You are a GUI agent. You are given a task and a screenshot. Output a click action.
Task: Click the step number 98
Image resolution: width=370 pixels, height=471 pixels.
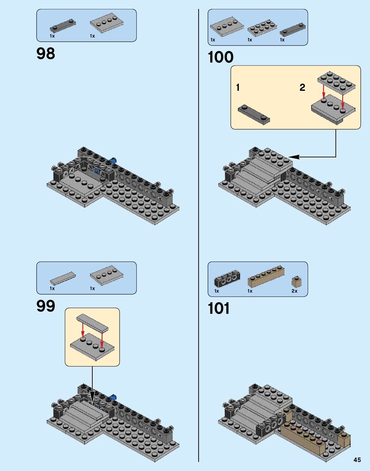coord(46,54)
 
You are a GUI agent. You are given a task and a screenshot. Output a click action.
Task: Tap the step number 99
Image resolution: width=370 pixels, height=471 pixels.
coord(46,306)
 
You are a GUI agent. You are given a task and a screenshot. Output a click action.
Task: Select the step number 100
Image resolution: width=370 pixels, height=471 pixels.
coord(221,57)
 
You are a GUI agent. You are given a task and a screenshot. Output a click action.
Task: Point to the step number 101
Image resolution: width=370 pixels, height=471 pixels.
coord(219,309)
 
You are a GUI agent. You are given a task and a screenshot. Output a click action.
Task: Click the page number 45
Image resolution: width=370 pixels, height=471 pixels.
coord(357,460)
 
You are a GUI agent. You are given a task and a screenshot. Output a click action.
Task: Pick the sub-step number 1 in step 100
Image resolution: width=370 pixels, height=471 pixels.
coord(238,87)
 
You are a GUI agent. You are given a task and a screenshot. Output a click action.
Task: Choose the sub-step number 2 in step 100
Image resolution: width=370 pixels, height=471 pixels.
coord(302,87)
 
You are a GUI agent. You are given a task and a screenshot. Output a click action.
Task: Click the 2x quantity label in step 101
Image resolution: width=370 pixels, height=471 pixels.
coord(294,291)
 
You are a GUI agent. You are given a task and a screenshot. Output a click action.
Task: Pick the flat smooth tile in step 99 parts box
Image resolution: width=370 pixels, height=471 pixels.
coord(63,278)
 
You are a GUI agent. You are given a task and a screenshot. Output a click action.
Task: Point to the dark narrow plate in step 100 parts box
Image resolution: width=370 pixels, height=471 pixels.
coord(292,30)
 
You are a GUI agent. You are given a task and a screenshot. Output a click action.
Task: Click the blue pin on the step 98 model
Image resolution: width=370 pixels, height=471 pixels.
coord(113,160)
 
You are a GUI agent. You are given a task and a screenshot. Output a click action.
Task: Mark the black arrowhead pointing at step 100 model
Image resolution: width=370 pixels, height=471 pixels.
coord(294,157)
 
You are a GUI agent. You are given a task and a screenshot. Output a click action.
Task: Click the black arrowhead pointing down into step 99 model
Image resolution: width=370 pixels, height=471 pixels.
coord(92,396)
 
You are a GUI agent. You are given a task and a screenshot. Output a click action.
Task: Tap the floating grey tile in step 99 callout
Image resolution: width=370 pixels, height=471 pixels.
coord(92,322)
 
